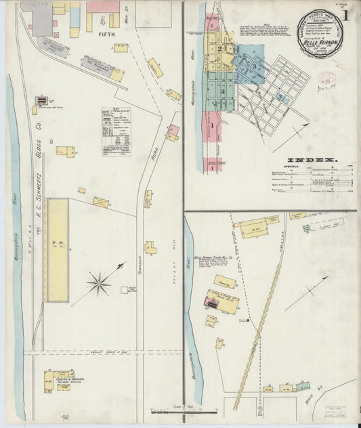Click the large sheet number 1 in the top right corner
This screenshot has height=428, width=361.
tap(347, 15)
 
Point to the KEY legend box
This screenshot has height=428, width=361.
tap(116, 131)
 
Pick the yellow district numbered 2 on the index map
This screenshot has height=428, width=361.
tap(220, 49)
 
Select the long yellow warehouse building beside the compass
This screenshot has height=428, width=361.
tap(58, 249)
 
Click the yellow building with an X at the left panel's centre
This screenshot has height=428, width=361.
tap(101, 202)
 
